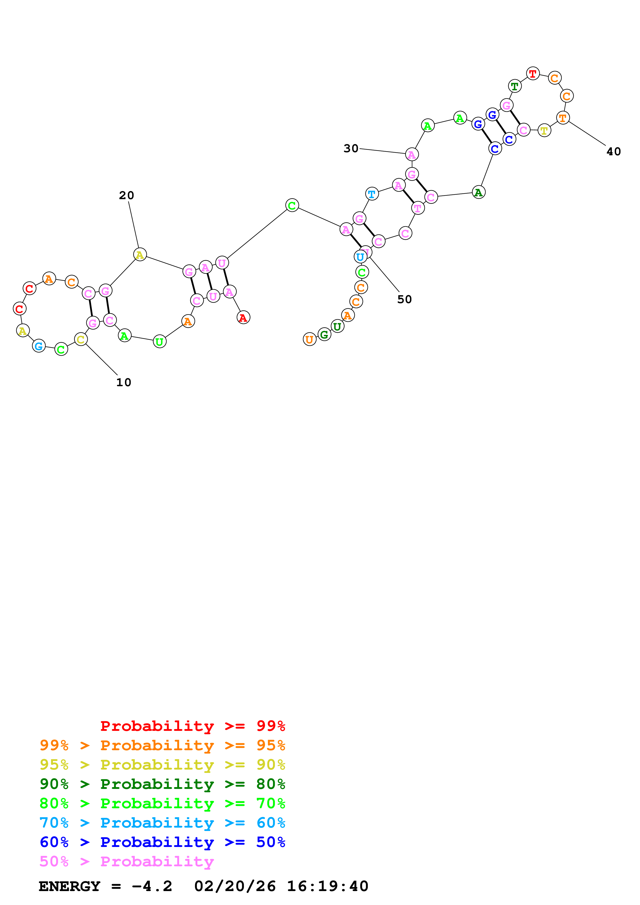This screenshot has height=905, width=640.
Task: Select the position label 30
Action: pos(351,149)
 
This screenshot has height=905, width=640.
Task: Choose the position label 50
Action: pos(404,299)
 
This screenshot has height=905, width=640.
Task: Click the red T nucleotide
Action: pos(533,73)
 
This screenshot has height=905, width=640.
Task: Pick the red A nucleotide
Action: pos(243,317)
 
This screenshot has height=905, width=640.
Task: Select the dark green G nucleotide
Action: pos(324,335)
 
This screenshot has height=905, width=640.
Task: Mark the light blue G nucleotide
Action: pos(39,346)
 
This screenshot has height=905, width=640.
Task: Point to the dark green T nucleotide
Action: pos(514,86)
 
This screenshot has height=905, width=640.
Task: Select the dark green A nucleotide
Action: pos(478,192)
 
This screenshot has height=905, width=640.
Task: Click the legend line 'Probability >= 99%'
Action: pos(192,726)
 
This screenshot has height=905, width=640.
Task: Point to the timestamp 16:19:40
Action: pos(327,886)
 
